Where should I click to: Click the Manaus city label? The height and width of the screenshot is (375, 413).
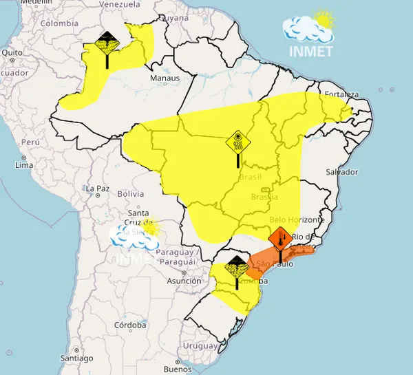click(165, 78)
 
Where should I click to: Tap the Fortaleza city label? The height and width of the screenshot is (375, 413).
click(343, 94)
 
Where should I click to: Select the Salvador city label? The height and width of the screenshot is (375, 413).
click(342, 172)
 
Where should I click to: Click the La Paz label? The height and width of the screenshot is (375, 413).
click(97, 189)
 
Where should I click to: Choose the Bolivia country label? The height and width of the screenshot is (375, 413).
click(130, 194)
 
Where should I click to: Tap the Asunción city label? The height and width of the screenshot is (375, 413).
click(184, 281)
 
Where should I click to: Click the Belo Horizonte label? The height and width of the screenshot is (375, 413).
click(297, 219)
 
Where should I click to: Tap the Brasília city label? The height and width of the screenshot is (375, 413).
click(264, 197)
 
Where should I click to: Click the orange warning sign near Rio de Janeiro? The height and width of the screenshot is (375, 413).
click(280, 239)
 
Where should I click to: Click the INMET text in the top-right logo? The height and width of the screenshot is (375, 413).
click(311, 51)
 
